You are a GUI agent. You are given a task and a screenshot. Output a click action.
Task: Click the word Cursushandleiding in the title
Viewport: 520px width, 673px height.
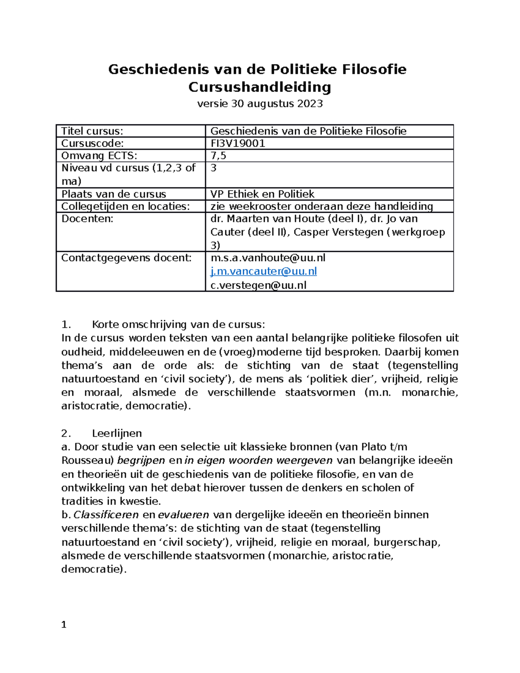coord(260,87)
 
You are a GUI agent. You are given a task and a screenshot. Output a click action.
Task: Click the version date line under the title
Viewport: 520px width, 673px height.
coord(260,104)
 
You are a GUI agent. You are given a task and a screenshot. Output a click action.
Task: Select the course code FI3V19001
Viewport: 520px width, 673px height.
coord(237,143)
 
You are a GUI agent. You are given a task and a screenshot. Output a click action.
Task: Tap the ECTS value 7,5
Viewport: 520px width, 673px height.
coord(218,156)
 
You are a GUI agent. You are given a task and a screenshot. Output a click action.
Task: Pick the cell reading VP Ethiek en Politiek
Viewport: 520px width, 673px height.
coord(262,194)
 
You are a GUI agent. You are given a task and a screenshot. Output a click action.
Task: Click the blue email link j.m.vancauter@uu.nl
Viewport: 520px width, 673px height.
coord(263,271)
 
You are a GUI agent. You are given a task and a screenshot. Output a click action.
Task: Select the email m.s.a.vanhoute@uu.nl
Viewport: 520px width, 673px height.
coord(267,258)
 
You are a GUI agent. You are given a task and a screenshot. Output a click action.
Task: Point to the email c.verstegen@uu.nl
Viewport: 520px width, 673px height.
coord(258,285)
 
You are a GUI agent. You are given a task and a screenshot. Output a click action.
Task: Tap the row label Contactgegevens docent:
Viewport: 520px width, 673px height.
coord(126,258)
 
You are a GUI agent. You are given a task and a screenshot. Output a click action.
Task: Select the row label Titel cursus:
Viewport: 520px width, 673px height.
coord(92,131)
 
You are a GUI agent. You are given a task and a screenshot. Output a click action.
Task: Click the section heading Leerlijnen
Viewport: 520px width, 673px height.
coord(117,433)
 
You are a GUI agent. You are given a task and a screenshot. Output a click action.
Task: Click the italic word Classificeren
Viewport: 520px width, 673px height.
coord(106,515)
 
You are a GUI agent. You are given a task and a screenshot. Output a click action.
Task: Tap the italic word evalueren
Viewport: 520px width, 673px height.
coord(183,515)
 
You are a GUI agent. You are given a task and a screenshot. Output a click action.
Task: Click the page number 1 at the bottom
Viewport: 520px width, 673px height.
coord(64,624)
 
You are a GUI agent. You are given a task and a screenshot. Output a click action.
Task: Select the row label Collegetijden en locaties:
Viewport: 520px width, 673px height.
coord(126,206)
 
